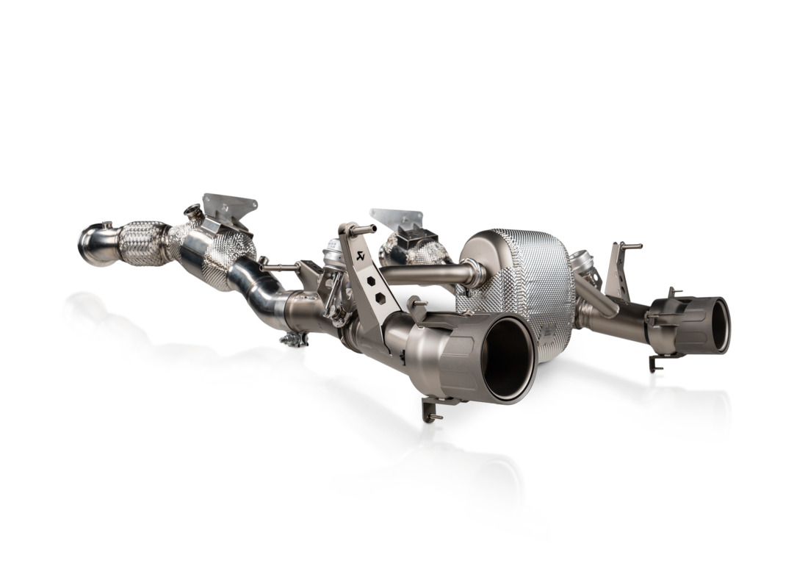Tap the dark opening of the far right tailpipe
(721, 324)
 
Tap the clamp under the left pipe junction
(294, 339)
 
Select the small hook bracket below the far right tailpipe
(656, 362)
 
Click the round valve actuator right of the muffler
(582, 264)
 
